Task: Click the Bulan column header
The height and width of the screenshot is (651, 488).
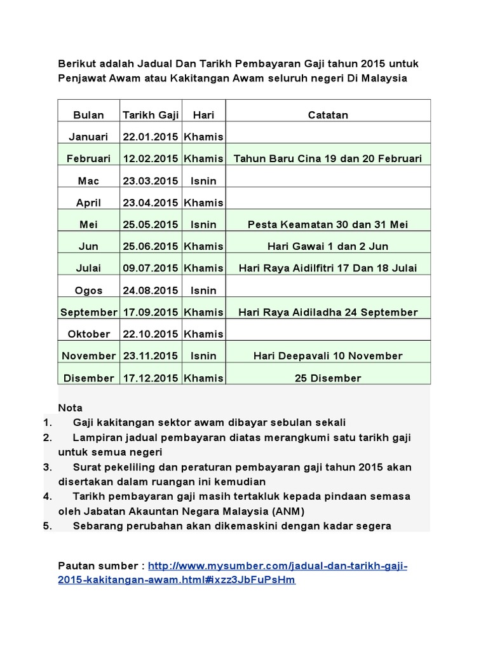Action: point(89,115)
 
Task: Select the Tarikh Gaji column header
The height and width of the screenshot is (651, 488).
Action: point(151,115)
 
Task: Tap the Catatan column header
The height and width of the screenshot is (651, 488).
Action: point(328,115)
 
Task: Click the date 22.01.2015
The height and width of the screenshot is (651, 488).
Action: point(151,137)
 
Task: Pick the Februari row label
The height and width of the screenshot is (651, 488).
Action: point(89,158)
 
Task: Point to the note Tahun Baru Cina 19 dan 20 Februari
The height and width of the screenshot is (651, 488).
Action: point(328,158)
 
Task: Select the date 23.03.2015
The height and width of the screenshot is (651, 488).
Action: point(151,181)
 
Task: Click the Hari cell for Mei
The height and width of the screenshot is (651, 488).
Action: point(203,224)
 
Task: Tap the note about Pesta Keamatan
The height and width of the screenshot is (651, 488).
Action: point(328,224)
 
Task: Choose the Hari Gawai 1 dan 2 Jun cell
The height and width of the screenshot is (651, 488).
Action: point(328,246)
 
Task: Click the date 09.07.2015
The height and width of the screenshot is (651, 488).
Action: point(151,268)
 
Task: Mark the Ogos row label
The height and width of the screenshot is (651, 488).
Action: point(89,291)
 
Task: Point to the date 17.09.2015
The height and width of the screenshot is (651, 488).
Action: point(151,312)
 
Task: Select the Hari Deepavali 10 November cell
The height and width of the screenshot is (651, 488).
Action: point(328,356)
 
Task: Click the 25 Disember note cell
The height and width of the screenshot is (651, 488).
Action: point(328,378)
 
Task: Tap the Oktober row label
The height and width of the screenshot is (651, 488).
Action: point(89,334)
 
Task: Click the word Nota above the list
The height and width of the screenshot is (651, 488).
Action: point(70,408)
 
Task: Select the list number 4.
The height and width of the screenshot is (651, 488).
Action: point(46,496)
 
